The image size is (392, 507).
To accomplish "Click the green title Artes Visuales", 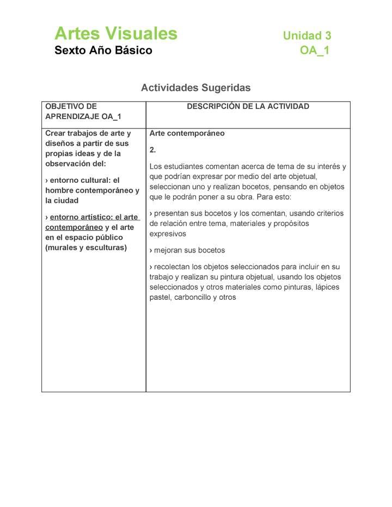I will [116, 34].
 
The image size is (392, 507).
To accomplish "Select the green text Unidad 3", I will [307, 36].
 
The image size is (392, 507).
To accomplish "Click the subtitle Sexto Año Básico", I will [103, 51].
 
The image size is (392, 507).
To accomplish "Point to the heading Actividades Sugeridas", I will [196, 87].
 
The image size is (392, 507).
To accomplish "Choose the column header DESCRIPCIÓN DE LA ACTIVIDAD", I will [248, 107].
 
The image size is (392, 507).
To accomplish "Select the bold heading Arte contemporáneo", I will [187, 133].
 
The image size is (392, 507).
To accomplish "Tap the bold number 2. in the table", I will [153, 150].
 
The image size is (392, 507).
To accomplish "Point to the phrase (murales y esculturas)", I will [86, 248].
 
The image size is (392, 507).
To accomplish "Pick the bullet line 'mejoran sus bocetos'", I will [187, 250].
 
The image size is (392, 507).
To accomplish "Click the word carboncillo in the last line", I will [193, 298].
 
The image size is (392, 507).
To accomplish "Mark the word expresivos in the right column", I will [168, 234].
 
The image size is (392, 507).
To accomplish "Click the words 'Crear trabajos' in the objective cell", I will [73, 133].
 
